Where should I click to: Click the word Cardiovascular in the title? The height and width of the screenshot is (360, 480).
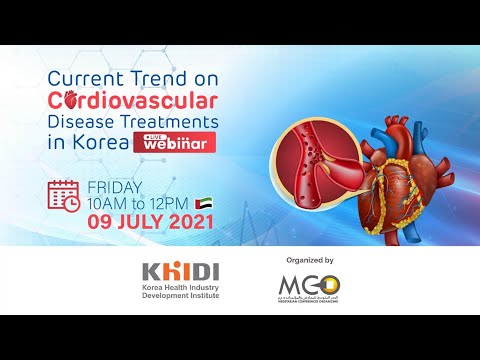tap(132, 99)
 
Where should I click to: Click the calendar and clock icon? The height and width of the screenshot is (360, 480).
tap(65, 195)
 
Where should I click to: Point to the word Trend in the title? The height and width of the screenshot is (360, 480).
tap(171, 77)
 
